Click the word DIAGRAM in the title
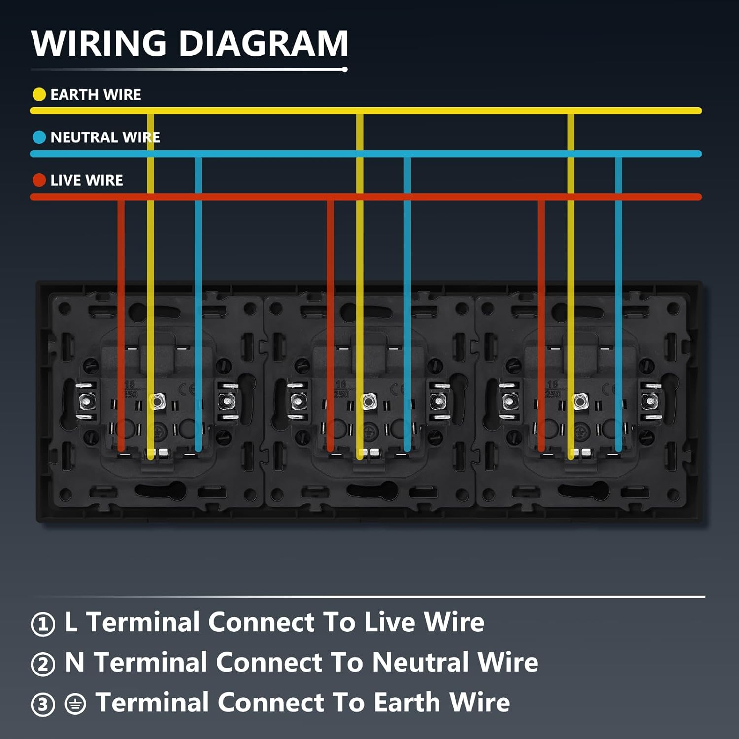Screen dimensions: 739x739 264,43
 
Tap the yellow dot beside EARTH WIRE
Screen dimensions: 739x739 39,94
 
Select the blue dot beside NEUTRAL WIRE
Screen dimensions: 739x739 39,137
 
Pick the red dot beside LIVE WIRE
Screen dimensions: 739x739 39,180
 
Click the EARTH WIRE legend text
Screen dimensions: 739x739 96,94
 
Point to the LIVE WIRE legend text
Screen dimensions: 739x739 87,180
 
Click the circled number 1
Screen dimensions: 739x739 43,624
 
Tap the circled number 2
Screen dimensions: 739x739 43,664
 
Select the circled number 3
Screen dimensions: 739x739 43,705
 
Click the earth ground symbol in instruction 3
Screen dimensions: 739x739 75,704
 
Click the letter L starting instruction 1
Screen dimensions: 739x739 71,622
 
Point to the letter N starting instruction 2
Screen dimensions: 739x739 74,662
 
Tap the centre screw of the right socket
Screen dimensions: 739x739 580,402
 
